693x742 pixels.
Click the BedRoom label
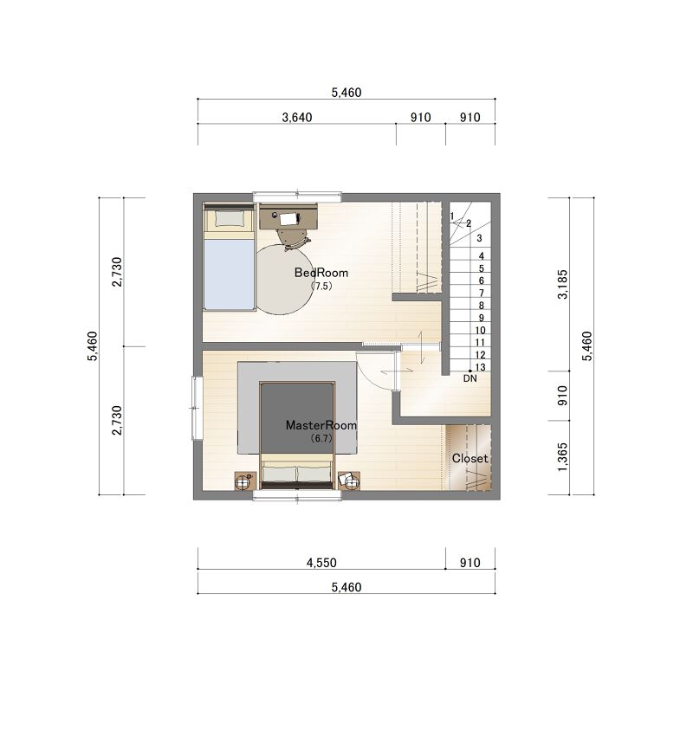point(321,273)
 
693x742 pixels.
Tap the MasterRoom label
point(321,425)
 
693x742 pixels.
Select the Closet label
point(470,458)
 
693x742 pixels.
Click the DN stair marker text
point(470,378)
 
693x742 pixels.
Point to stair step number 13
point(480,367)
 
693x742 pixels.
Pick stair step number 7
point(482,294)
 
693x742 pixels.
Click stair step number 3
point(480,238)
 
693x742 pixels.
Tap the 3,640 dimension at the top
point(297,117)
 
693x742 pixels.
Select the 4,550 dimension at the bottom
point(321,563)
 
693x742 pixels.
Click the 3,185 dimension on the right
point(562,284)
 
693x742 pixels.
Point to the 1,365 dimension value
point(562,457)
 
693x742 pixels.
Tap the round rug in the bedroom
point(284,279)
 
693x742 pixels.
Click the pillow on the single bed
point(230,219)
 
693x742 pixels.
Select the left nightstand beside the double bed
point(246,481)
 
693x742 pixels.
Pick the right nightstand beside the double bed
point(349,481)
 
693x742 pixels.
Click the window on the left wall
point(197,408)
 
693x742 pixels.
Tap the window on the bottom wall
point(297,495)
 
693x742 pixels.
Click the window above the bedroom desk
point(297,197)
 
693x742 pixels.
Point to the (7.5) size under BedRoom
point(321,287)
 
